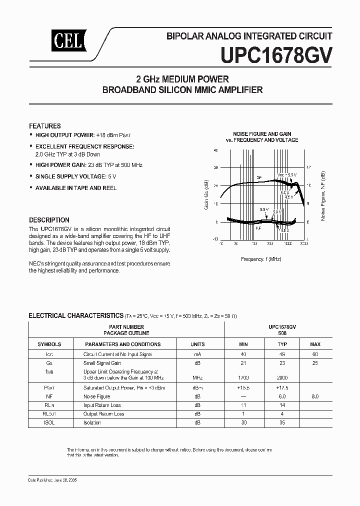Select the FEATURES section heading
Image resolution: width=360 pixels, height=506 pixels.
[45, 126]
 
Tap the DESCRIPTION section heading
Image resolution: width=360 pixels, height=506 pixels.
[49, 220]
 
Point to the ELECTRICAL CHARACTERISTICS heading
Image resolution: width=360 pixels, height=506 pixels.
[75, 315]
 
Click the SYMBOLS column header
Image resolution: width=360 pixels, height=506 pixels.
[49, 344]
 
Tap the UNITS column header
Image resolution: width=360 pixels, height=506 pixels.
[197, 344]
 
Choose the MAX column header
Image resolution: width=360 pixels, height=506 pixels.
[315, 344]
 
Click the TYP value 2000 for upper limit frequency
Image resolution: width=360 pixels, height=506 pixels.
[282, 377]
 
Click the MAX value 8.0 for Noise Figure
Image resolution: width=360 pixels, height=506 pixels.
[315, 396]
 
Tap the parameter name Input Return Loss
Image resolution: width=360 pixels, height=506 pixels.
[101, 405]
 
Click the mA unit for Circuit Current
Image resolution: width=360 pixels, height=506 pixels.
[197, 354]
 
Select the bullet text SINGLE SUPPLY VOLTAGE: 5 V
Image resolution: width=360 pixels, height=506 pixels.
[76, 176]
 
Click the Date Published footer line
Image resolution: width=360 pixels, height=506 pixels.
[48, 479]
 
